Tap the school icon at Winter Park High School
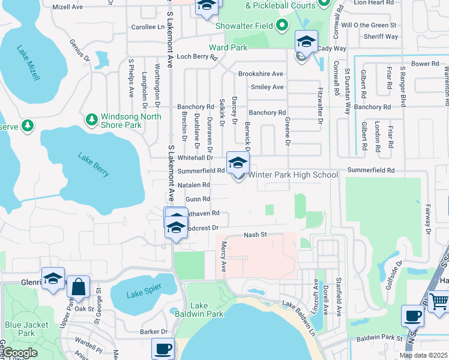238,163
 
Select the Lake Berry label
94,163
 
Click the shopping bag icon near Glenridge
79,287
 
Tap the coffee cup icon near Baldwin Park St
413,316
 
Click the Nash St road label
255,235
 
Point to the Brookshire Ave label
260,74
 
